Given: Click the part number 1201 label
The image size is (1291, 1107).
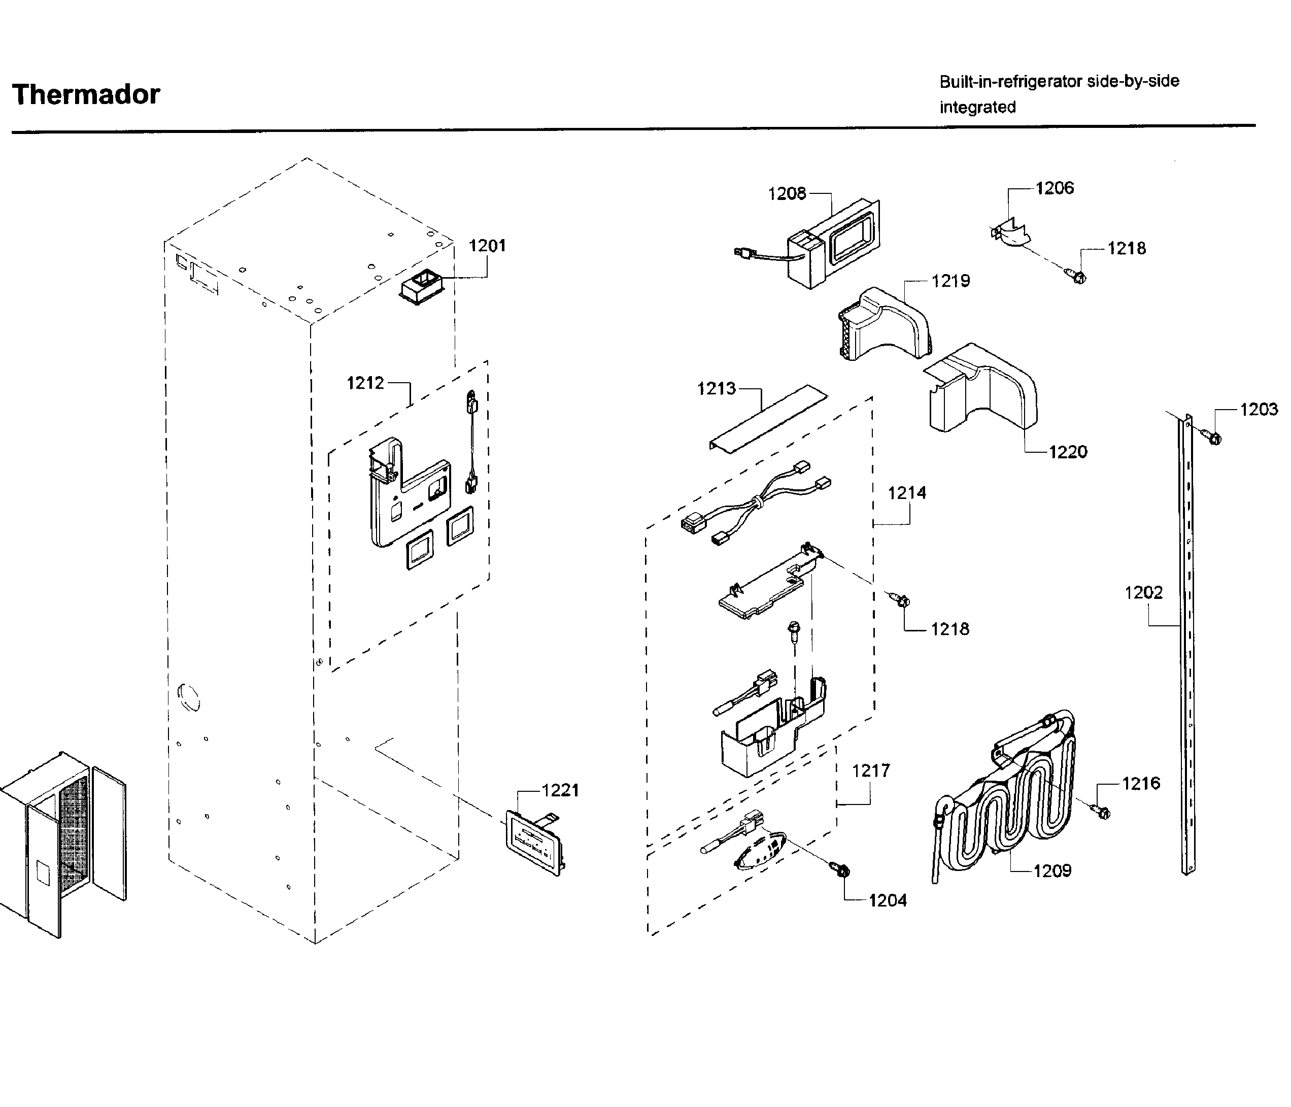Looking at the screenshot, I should (487, 246).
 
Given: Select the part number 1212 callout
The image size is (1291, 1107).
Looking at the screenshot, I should (365, 383).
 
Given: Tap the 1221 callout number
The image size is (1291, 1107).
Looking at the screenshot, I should (560, 790).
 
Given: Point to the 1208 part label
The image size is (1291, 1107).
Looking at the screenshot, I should (787, 194).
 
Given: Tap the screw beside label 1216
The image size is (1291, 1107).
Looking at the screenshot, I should (1101, 812).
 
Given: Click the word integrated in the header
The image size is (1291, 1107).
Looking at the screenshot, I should (977, 107).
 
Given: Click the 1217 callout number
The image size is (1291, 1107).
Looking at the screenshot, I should (870, 771).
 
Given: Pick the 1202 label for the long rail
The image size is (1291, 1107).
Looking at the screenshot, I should (1143, 592).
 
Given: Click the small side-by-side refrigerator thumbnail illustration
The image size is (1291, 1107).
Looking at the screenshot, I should (62, 842).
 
